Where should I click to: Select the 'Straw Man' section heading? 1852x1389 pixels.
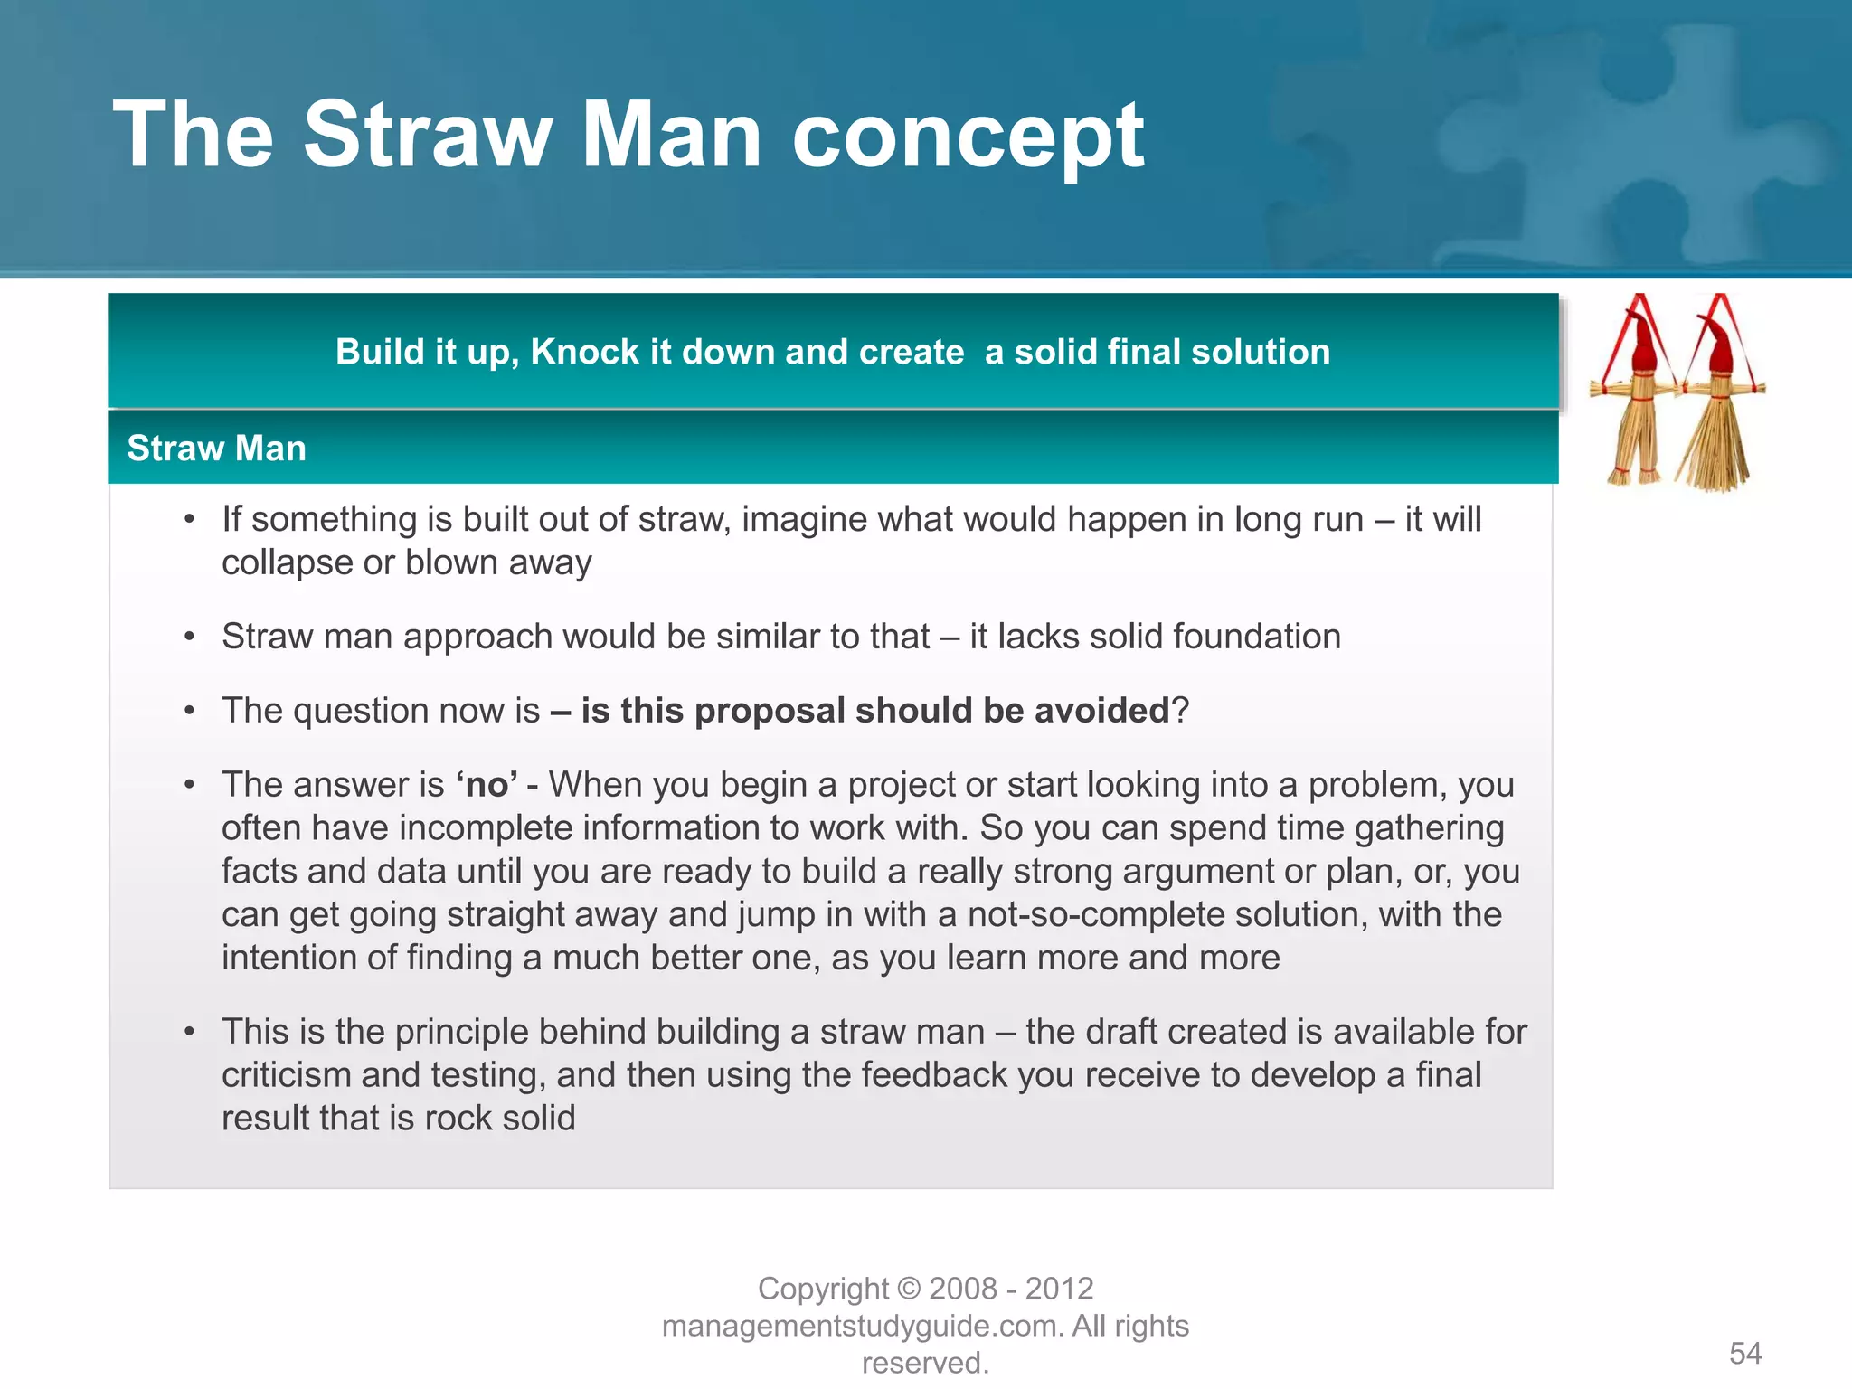[x=216, y=449]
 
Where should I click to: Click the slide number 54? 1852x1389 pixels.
[x=1745, y=1354]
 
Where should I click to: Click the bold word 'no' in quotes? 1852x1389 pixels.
[x=487, y=785]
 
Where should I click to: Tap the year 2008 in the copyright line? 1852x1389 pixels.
[x=963, y=1289]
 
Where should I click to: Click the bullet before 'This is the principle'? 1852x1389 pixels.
[x=189, y=1032]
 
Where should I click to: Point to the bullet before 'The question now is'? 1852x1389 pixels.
[x=189, y=711]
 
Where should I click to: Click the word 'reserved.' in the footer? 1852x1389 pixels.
[x=925, y=1363]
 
